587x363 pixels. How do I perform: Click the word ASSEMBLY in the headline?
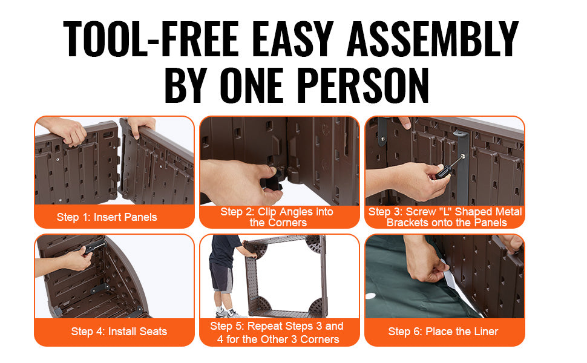(x=433, y=39)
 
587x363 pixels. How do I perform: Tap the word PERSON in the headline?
(x=365, y=85)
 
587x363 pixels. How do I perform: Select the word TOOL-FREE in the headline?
(x=151, y=39)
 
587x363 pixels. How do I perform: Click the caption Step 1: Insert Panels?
(x=107, y=217)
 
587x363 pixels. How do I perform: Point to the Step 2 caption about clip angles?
(x=277, y=217)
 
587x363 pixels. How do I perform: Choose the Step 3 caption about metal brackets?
(x=445, y=217)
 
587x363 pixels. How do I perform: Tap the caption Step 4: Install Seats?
(x=119, y=332)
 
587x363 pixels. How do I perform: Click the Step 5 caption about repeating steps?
(x=277, y=333)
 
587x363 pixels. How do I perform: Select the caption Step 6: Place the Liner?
(x=443, y=332)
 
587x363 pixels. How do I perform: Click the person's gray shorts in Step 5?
(x=221, y=277)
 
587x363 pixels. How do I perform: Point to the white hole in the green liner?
(x=370, y=296)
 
